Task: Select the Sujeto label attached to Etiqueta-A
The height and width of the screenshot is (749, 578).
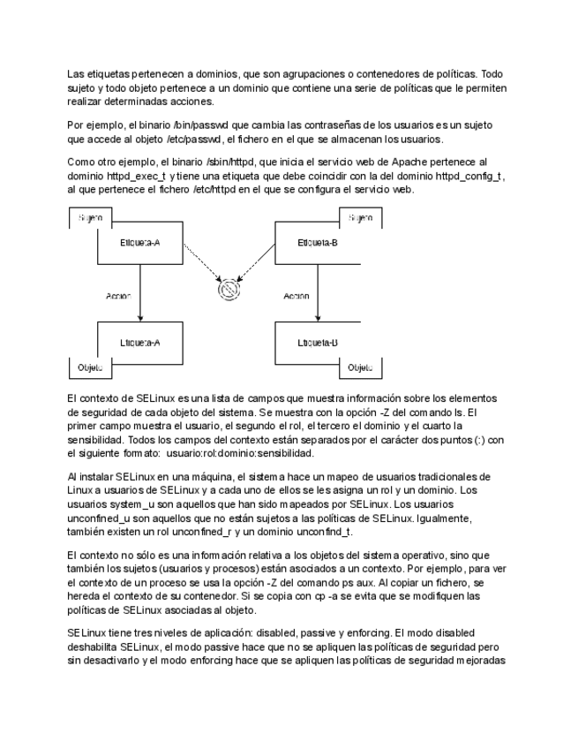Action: [89, 216]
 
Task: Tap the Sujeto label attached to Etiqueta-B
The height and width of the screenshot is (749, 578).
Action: [358, 216]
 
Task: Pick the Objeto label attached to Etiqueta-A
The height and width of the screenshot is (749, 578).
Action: [86, 367]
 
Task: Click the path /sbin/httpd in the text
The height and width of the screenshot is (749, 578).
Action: [229, 163]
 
